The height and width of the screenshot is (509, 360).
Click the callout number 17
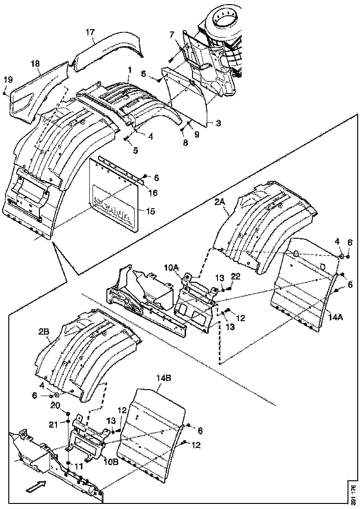90,32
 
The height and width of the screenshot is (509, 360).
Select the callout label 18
36,63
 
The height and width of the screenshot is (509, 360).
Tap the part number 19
6,80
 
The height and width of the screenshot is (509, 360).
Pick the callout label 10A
171,268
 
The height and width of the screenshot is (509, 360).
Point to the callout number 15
149,211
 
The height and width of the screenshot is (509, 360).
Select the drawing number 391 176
353,493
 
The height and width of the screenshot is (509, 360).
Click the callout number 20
56,405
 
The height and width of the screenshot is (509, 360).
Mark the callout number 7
172,35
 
